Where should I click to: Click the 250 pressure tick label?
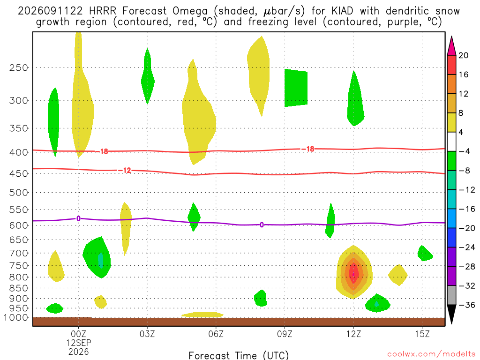pos(18,67)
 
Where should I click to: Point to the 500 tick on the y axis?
pos(18,193)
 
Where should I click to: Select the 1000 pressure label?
pos(16,318)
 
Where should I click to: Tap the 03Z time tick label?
pos(147,334)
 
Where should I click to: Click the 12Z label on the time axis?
pos(353,334)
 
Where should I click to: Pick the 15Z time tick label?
pos(422,334)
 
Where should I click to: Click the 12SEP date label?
pos(79,343)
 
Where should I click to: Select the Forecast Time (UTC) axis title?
pos(239,355)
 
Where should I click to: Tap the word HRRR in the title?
pos(103,11)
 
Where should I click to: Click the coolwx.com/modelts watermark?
pos(431,354)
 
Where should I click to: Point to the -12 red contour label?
pos(125,170)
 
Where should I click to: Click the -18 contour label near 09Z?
pos(308,149)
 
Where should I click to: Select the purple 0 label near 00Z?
pos(78,218)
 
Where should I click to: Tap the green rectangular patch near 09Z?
pos(296,88)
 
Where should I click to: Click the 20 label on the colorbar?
pos(464,55)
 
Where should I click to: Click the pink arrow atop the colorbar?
pos(451,46)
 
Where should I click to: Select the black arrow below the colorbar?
pos(451,314)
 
